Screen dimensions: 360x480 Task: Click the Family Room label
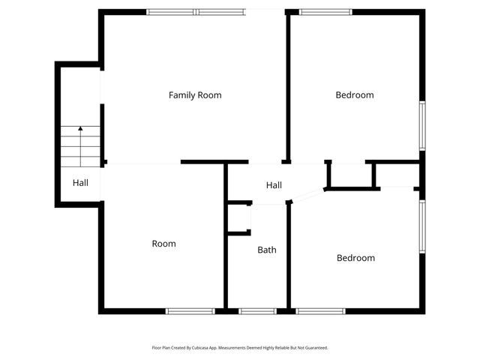coord(195,95)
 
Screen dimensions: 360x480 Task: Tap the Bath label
coord(267,250)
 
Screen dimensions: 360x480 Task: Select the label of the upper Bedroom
coord(355,95)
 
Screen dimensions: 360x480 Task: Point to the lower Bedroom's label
coord(355,258)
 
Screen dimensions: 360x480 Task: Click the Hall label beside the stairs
coord(80,182)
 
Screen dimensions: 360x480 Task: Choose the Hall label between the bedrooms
coord(274,185)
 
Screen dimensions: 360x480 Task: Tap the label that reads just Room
coord(163,244)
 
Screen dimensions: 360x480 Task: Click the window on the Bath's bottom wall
coord(257,310)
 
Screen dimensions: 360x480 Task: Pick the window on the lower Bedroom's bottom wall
coord(320,310)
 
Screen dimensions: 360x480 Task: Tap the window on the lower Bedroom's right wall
coord(422,226)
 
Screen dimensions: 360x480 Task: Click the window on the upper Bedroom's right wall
coord(422,125)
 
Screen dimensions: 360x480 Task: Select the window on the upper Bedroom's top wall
coord(325,12)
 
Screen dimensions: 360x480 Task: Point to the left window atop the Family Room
coord(170,12)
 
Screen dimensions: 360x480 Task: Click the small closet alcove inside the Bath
coord(239,218)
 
